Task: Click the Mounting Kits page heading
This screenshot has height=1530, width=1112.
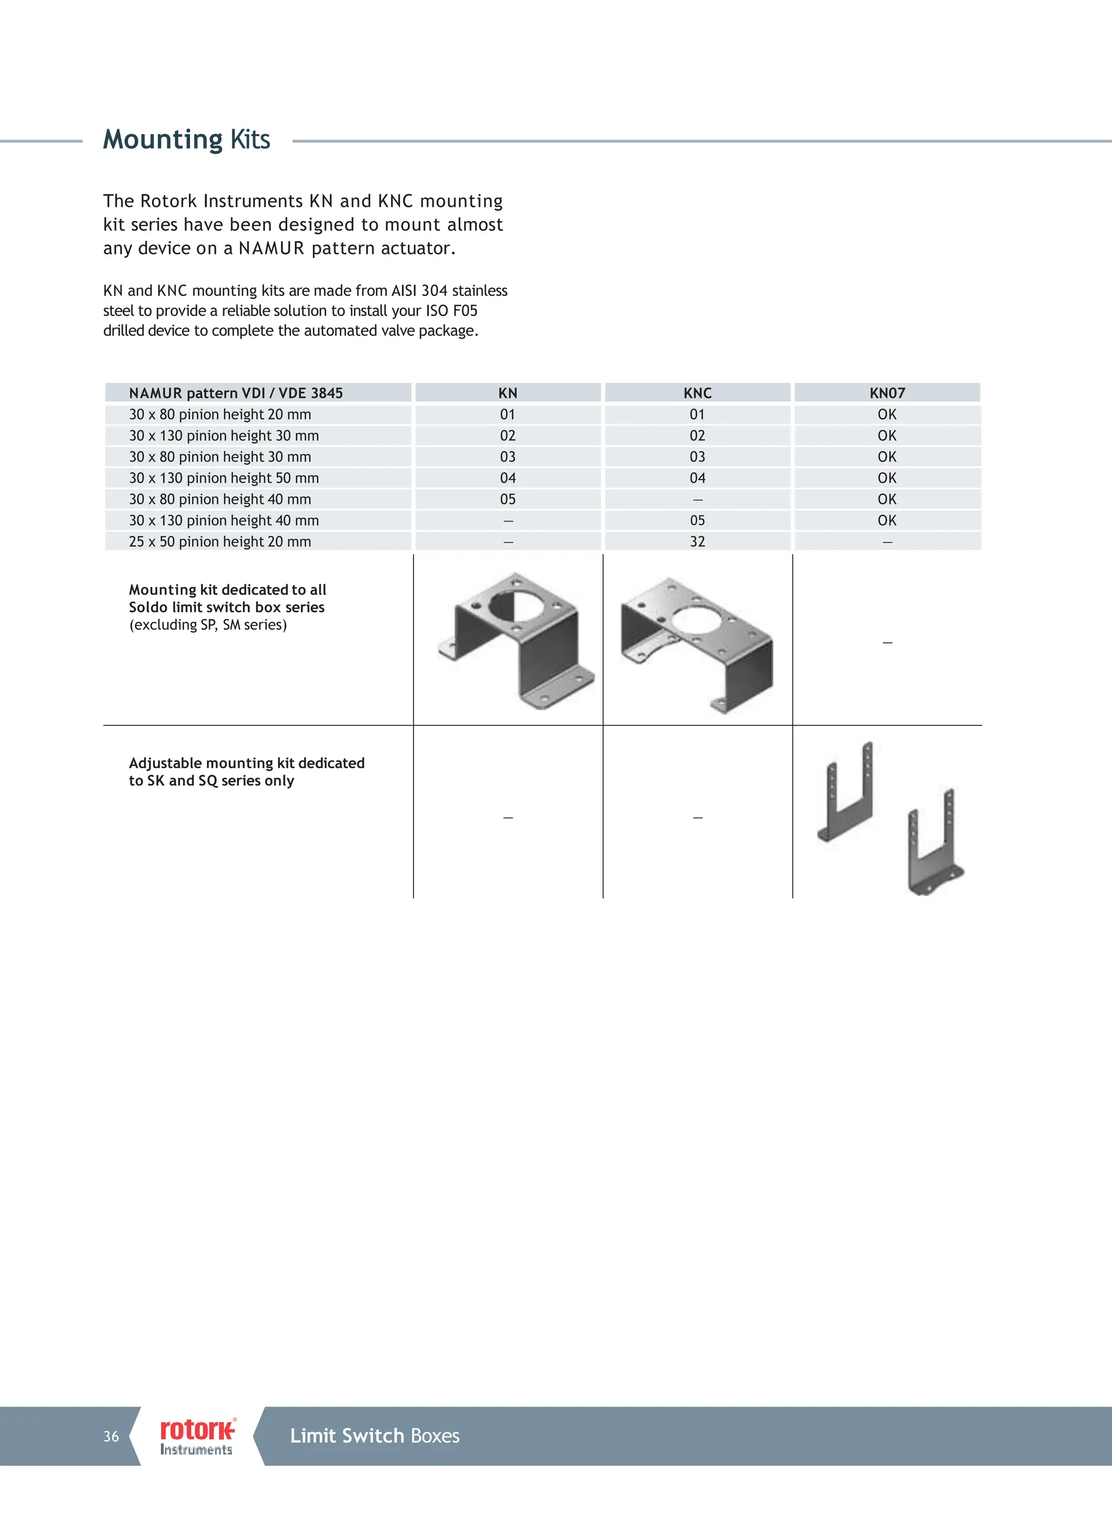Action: pos(186,140)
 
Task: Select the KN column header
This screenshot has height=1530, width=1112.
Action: pos(508,393)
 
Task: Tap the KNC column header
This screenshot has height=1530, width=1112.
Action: pos(697,393)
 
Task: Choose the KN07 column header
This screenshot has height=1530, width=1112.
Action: pos(887,393)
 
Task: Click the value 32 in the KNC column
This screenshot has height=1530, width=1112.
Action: pos(697,542)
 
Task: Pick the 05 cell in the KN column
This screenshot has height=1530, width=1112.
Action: pos(508,499)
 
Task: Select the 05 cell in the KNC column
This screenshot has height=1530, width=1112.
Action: pos(697,520)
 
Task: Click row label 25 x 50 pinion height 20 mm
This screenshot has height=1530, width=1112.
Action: pos(220,542)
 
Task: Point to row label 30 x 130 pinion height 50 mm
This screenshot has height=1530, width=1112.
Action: pos(224,478)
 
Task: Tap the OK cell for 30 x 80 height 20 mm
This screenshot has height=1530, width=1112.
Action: pos(887,414)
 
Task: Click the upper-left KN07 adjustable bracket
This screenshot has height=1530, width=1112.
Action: pos(846,791)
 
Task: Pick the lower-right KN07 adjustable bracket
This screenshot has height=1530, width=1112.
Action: pos(934,843)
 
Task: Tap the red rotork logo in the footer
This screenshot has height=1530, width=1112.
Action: pos(197,1429)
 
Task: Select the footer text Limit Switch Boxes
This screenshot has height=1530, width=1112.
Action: pos(375,1436)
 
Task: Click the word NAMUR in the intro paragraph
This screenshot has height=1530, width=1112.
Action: pos(271,248)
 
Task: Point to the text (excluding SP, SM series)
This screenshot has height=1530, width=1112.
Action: pos(208,625)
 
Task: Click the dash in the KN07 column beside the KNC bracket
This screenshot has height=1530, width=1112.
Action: pos(887,643)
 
